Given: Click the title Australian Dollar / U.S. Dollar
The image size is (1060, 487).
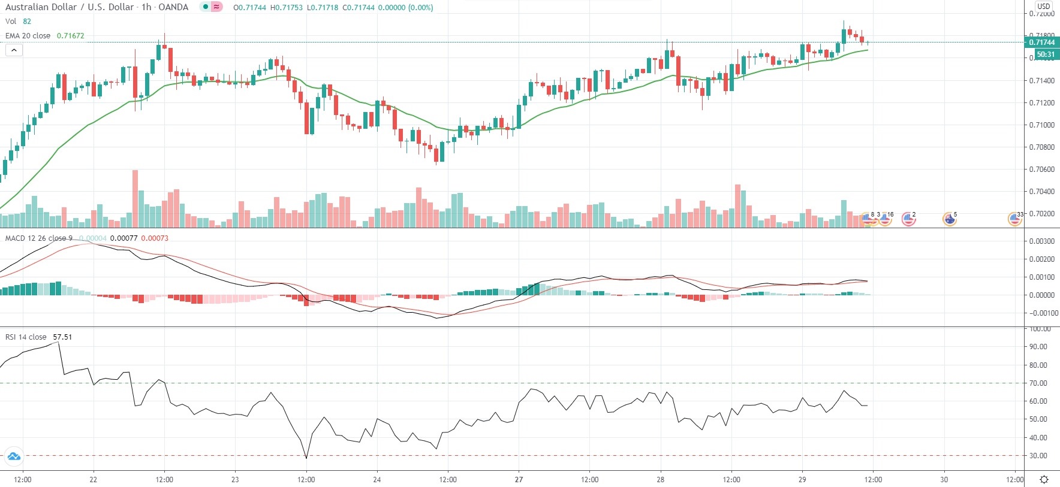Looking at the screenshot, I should point(70,7).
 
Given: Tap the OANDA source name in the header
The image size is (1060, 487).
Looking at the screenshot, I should point(173,7).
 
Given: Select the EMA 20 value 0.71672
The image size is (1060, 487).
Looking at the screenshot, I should point(70,35).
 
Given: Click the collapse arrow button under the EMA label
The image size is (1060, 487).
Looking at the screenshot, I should point(14,50).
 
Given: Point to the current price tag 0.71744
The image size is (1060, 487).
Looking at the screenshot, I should point(1041,42).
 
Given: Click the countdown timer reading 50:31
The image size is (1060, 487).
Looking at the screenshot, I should point(1045,55).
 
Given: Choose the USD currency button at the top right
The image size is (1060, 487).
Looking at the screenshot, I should point(1044,6).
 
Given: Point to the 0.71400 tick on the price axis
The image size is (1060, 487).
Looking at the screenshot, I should point(1042,80).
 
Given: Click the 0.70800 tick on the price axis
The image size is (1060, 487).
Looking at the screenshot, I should point(1042,147).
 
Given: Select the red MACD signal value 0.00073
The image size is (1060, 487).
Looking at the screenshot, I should point(155,238).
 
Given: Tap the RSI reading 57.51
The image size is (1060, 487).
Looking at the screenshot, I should point(62,337).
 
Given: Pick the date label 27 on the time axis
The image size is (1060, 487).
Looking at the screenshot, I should point(519,479).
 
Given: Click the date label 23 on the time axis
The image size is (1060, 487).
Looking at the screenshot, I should point(235,479).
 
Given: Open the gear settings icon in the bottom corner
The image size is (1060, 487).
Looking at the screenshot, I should point(1044,479).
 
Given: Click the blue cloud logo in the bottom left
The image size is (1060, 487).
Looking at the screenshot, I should point(13,457).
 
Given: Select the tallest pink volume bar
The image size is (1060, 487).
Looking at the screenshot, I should point(135,199).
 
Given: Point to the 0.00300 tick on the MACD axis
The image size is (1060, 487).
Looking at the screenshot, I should point(1041,241).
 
